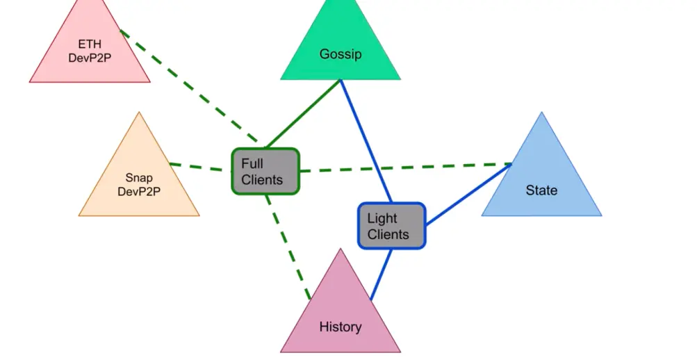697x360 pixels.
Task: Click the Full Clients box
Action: coord(265,172)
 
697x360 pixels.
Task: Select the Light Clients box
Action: coord(392,226)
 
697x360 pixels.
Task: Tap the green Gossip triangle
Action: coord(341,49)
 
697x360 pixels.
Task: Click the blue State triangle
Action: coord(541,178)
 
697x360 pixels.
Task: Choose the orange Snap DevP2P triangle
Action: coord(139,178)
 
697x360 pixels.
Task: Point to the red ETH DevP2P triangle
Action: coord(90,49)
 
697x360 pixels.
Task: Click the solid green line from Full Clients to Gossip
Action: coord(303,114)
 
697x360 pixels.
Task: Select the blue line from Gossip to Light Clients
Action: coord(366,141)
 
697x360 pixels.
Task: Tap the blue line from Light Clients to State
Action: coord(468,194)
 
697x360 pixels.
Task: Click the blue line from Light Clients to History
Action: coord(381,275)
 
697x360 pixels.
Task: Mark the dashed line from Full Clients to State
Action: coord(405,167)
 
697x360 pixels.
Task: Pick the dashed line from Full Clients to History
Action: coord(288,247)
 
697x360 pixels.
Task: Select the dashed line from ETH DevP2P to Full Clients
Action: coord(189,86)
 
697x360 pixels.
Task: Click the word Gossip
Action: coord(341,54)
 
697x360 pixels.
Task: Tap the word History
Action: coord(341,327)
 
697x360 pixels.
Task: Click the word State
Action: coord(541,190)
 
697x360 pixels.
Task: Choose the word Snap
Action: coord(139,178)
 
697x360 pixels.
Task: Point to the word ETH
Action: coord(90,44)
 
